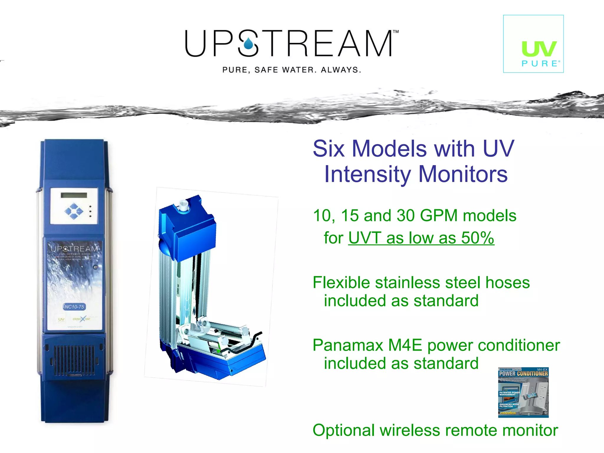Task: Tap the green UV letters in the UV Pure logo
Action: coord(539,49)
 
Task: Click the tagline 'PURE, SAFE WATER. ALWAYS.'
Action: coord(291,70)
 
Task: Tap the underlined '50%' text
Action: coord(477,238)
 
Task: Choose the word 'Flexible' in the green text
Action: coord(342,283)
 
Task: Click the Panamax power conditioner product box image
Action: coord(523,392)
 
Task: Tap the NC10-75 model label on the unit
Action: coord(74,307)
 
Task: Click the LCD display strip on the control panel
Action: coord(74,195)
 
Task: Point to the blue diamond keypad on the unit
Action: coord(74,211)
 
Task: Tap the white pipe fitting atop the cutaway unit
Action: coord(183,205)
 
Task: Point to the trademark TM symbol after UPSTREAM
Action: coord(395,32)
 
